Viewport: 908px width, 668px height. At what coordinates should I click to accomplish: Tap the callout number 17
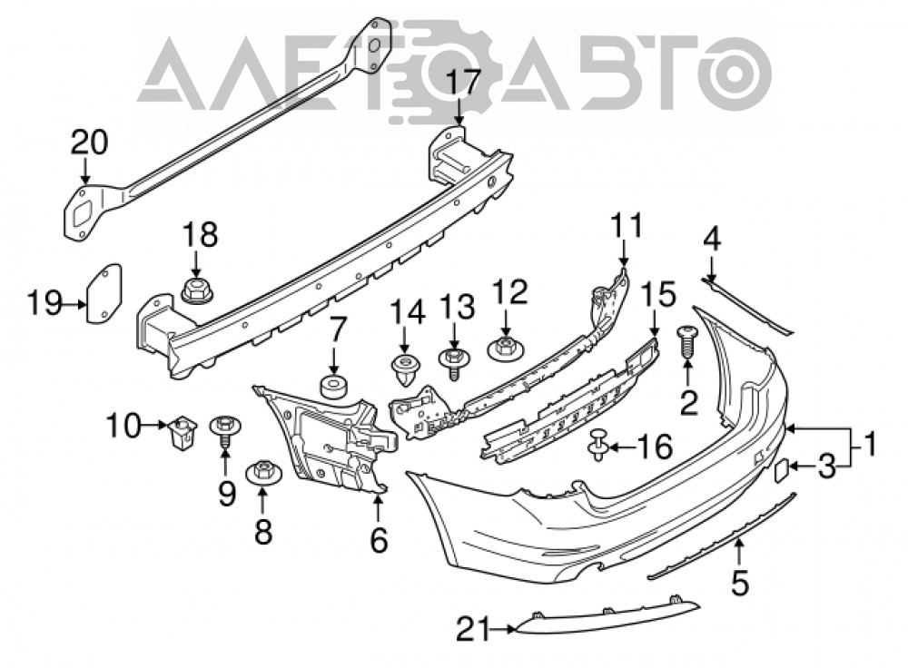click(x=463, y=83)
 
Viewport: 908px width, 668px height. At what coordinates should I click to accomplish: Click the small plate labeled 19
click(x=104, y=292)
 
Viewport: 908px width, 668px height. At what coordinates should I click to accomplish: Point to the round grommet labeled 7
click(x=333, y=388)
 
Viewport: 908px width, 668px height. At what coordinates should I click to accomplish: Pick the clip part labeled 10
click(x=182, y=431)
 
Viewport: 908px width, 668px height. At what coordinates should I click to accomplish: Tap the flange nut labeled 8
click(x=264, y=472)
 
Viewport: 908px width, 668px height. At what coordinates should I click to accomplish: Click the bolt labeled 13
click(x=454, y=362)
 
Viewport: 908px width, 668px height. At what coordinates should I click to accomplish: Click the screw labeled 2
click(x=687, y=342)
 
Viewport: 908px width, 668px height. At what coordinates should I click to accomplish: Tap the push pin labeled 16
click(x=598, y=445)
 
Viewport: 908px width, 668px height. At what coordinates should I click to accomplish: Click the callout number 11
click(x=627, y=225)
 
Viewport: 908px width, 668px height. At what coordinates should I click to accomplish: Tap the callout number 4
click(x=712, y=240)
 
